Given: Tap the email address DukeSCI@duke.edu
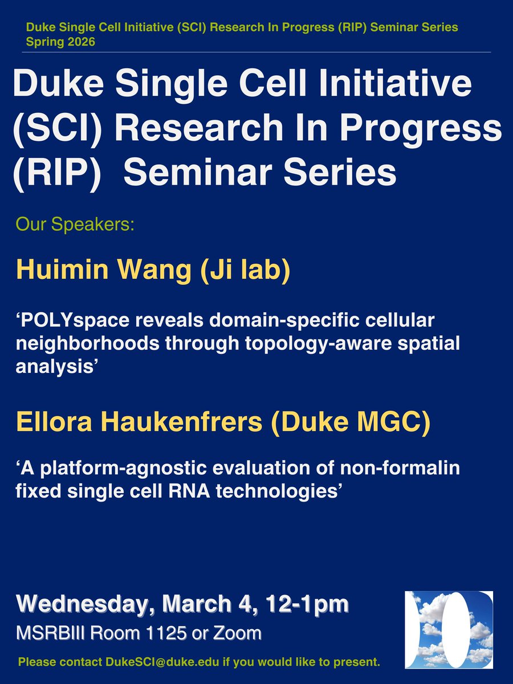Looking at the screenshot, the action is pyautogui.click(x=162, y=662).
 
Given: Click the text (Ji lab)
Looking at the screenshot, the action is pyautogui.click(x=246, y=271).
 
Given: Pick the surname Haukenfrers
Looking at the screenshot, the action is pyautogui.click(x=182, y=422).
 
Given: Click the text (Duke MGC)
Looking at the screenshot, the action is pyautogui.click(x=351, y=423).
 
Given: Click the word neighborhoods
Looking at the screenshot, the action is pyautogui.click(x=88, y=344).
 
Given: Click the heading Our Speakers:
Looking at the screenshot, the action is pyautogui.click(x=75, y=224).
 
